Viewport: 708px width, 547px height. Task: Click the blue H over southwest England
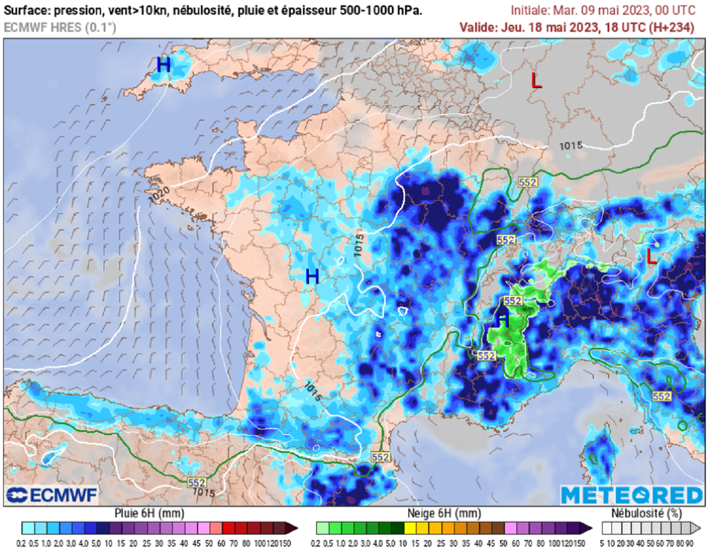click(x=163, y=66)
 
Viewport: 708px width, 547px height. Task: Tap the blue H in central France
click(x=312, y=277)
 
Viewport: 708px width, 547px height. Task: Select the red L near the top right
click(x=536, y=80)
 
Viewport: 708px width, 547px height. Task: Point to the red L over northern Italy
click(x=651, y=257)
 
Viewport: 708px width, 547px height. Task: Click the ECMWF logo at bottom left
click(x=52, y=495)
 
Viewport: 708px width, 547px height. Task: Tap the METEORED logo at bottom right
click(x=631, y=495)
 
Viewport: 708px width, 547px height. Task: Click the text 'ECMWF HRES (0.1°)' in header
click(x=60, y=28)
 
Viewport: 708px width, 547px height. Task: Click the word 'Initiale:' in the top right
click(x=530, y=11)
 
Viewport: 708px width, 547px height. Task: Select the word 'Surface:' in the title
click(x=27, y=11)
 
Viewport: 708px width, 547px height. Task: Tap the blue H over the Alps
click(x=503, y=319)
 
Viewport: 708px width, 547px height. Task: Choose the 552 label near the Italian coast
click(x=662, y=396)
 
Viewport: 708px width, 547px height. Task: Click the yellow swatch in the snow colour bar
click(x=409, y=528)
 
